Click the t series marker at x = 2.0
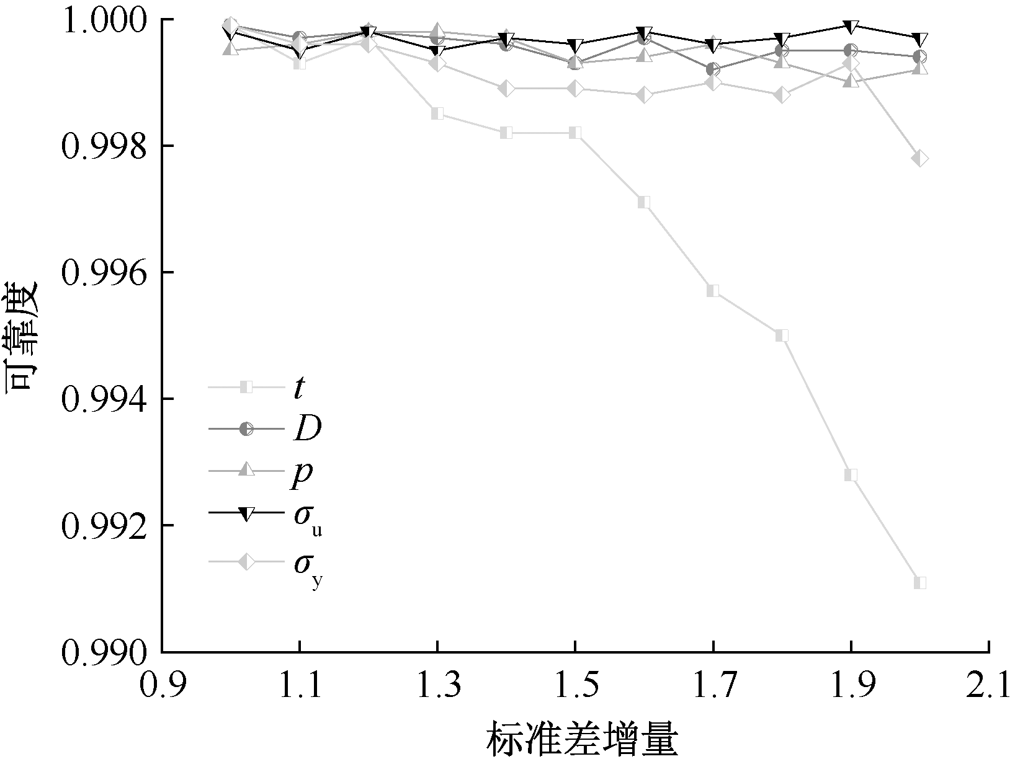920,582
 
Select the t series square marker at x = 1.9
851,475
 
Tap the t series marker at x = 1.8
782,335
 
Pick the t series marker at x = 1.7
713,291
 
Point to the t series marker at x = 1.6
645,202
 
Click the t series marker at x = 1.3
437,113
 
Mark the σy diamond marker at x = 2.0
920,159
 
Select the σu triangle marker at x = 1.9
851,27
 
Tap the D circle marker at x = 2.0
920,57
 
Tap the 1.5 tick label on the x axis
575,685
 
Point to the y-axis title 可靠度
24,335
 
